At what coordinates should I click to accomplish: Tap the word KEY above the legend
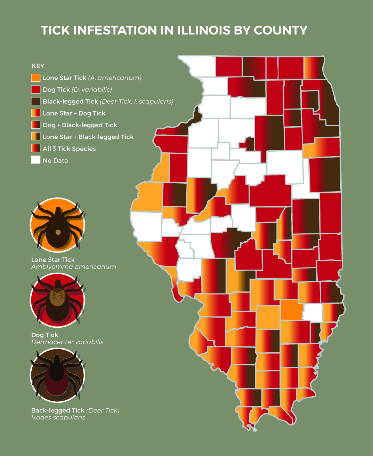click(38, 66)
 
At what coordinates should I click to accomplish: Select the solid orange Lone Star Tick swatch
click(36, 78)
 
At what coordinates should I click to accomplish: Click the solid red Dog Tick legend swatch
click(36, 89)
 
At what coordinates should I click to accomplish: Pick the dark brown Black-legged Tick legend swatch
click(36, 101)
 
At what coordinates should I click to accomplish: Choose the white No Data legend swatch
click(36, 160)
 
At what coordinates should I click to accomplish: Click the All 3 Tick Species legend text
click(69, 149)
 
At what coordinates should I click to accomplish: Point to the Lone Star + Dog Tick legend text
click(74, 113)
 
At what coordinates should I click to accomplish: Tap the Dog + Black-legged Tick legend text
click(80, 125)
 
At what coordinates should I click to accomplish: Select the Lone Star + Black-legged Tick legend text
click(88, 137)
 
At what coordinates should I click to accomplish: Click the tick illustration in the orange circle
click(58, 225)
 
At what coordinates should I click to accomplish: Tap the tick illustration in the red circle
click(58, 300)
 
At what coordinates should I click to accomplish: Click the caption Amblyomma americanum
click(74, 267)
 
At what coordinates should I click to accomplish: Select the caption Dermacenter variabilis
click(67, 342)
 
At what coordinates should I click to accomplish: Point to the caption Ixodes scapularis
click(58, 417)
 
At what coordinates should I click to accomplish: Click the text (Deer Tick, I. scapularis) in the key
click(137, 101)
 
